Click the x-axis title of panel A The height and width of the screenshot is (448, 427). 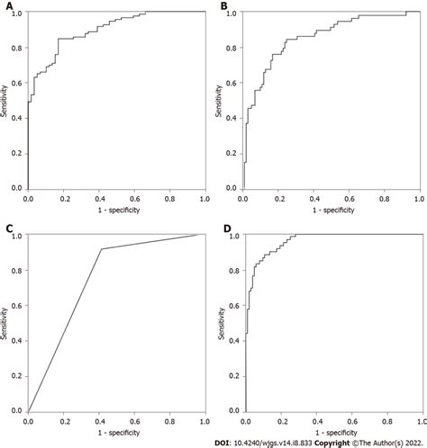[116, 211]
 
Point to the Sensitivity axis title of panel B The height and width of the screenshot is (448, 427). [223, 101]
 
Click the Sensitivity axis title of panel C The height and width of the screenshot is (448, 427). [7, 323]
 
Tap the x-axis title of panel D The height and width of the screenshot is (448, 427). [332, 433]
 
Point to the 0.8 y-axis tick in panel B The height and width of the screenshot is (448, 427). [232, 49]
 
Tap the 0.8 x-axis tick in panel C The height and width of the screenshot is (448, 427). [168, 419]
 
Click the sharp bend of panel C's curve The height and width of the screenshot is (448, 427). [102, 249]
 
